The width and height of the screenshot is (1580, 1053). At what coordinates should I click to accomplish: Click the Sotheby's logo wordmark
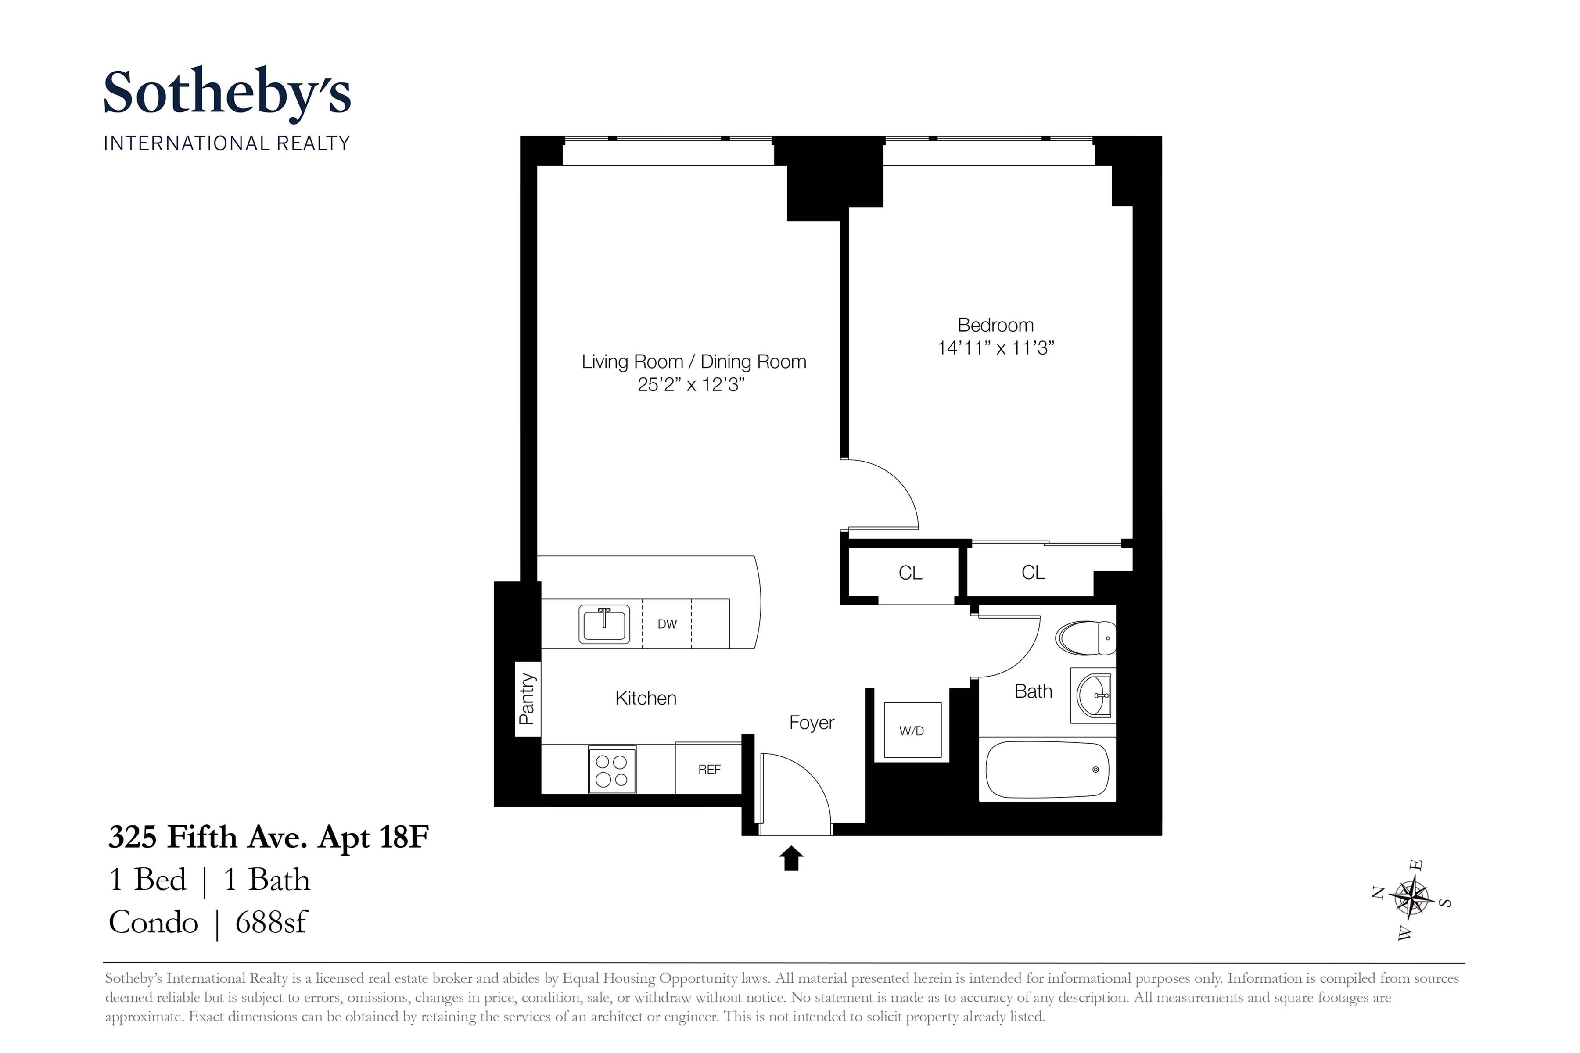coord(227,94)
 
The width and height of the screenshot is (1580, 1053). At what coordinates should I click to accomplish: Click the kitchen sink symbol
coord(605,624)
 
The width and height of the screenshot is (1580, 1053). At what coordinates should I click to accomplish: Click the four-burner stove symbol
coord(612,770)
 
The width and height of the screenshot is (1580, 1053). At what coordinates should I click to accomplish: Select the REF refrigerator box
coord(709,770)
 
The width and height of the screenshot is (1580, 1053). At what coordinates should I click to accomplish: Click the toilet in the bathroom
coord(1085,638)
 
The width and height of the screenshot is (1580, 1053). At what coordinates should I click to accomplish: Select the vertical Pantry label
coord(528,698)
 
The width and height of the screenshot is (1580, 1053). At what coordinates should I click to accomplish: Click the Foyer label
coord(812,723)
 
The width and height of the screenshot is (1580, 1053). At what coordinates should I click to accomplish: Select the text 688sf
coord(271,923)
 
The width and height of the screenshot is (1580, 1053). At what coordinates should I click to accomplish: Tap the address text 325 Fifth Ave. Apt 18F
coord(269,838)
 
